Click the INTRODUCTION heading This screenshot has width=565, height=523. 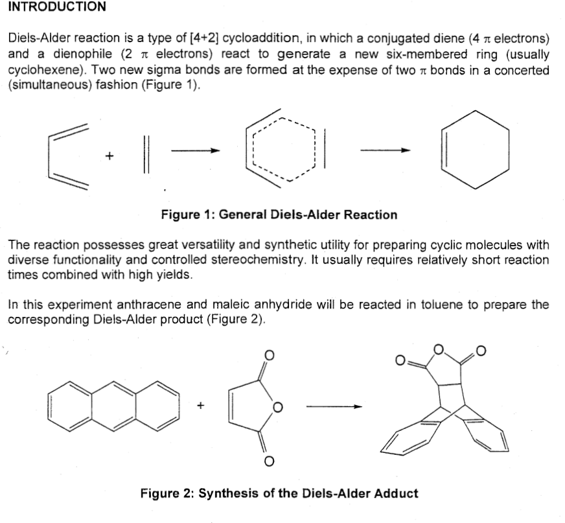pos(56,7)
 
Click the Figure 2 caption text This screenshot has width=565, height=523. pos(279,493)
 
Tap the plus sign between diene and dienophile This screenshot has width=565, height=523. pos(110,156)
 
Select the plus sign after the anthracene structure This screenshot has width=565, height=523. pos(200,406)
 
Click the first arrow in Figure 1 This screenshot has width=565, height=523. pos(196,151)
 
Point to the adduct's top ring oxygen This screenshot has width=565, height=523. pos(439,351)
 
